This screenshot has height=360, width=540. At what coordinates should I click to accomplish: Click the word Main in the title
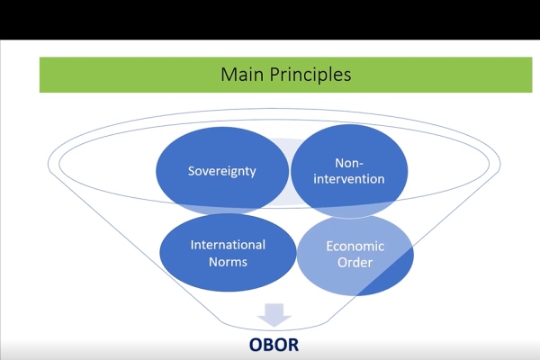click(x=242, y=74)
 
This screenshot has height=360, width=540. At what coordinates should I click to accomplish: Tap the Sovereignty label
click(x=221, y=171)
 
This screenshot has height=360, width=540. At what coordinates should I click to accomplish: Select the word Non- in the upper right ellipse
click(x=349, y=163)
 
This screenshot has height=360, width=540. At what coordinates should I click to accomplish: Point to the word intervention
click(x=349, y=179)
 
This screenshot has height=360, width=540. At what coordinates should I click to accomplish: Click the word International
click(x=228, y=245)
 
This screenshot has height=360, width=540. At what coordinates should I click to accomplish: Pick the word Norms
click(x=228, y=262)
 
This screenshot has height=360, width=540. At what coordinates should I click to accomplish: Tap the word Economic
click(x=355, y=247)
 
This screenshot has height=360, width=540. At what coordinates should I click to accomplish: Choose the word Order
click(x=355, y=263)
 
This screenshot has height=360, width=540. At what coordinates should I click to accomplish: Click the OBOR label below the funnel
click(x=274, y=345)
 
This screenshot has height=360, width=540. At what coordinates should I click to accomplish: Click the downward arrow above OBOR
click(x=274, y=315)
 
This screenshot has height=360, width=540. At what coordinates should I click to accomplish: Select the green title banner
click(x=286, y=75)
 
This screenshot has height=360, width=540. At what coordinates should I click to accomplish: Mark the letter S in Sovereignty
click(x=192, y=171)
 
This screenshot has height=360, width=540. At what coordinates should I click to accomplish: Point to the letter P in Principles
click(x=274, y=74)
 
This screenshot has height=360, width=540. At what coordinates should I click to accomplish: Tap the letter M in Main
click(x=228, y=75)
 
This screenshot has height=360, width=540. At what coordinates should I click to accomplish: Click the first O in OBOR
click(x=256, y=345)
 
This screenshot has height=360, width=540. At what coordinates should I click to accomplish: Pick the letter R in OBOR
click(x=293, y=345)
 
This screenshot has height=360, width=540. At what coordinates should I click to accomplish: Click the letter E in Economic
click(x=329, y=247)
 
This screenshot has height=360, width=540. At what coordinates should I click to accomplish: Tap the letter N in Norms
click(x=213, y=262)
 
